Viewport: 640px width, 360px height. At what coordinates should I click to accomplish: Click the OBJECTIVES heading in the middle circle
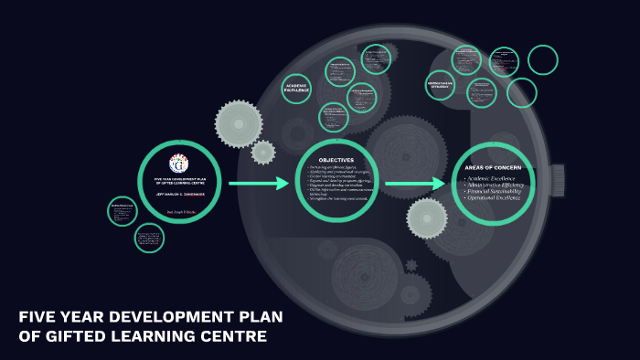point(336,160)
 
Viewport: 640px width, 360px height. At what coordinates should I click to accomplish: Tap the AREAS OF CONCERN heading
point(493,167)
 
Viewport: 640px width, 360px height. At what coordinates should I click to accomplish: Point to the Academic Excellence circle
point(297,88)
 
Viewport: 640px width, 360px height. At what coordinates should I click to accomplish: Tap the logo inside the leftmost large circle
point(179,164)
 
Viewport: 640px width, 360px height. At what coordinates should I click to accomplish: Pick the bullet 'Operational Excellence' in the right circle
point(495,198)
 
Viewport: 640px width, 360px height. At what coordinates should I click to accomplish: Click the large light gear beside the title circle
point(239,123)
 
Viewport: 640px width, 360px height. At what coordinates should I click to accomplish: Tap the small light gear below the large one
point(263,152)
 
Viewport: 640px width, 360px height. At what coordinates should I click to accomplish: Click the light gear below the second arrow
point(427,218)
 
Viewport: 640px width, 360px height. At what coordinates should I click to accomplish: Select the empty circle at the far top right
point(542,59)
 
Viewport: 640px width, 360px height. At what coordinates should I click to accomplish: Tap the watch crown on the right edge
point(557,180)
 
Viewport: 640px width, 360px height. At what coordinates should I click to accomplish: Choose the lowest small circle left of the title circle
point(150,238)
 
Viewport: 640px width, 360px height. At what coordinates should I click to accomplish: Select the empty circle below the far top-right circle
point(522,92)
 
